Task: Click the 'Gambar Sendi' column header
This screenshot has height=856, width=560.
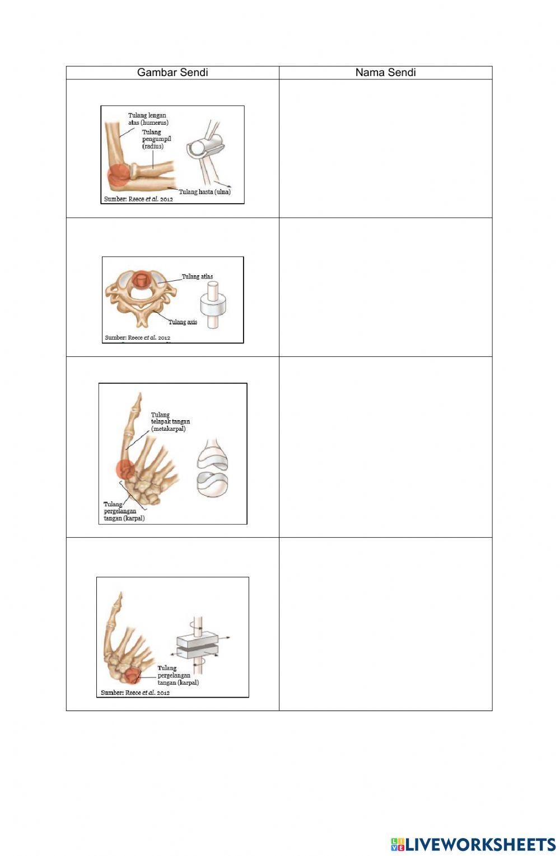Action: pyautogui.click(x=172, y=72)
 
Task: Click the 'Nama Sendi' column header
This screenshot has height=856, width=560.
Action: pyautogui.click(x=385, y=72)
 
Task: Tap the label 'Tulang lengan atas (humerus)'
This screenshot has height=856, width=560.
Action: pyautogui.click(x=148, y=119)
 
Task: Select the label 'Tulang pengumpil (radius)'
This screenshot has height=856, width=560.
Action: pyautogui.click(x=156, y=139)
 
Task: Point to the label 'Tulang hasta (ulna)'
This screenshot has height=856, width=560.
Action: pyautogui.click(x=204, y=191)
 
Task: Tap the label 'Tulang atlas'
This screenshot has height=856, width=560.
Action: pyautogui.click(x=197, y=276)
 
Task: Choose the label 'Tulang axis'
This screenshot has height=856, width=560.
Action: pyautogui.click(x=183, y=322)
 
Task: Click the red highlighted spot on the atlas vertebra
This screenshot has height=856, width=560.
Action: pyautogui.click(x=141, y=281)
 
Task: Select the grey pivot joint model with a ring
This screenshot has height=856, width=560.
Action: pyautogui.click(x=213, y=305)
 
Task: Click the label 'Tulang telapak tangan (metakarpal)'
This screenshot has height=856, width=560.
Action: pyautogui.click(x=170, y=421)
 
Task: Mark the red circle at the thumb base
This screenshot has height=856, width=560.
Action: pyautogui.click(x=125, y=469)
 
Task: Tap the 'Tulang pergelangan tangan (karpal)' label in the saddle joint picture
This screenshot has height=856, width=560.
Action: pyautogui.click(x=124, y=511)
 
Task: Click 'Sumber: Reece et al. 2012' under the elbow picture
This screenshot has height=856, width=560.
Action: pyautogui.click(x=138, y=199)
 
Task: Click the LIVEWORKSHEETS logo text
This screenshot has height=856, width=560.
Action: pyautogui.click(x=479, y=844)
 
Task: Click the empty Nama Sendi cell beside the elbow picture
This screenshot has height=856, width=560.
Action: pyautogui.click(x=385, y=149)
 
